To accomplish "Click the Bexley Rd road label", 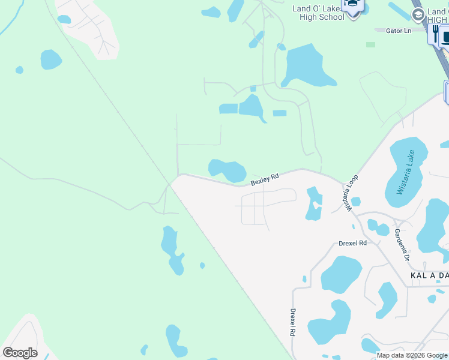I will point(265,178).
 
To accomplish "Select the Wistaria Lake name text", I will point(407,173).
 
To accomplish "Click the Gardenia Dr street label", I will point(402,245).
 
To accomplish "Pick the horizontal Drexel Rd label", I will point(352,243).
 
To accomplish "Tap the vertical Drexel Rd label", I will point(293,322).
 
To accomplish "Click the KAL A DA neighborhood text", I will point(429,275).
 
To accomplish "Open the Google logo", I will point(20,353).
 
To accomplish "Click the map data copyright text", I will point(412,355).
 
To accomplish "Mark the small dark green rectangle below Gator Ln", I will point(370,44).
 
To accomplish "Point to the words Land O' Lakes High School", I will point(318,13).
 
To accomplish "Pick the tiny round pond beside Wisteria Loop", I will point(355,201).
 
